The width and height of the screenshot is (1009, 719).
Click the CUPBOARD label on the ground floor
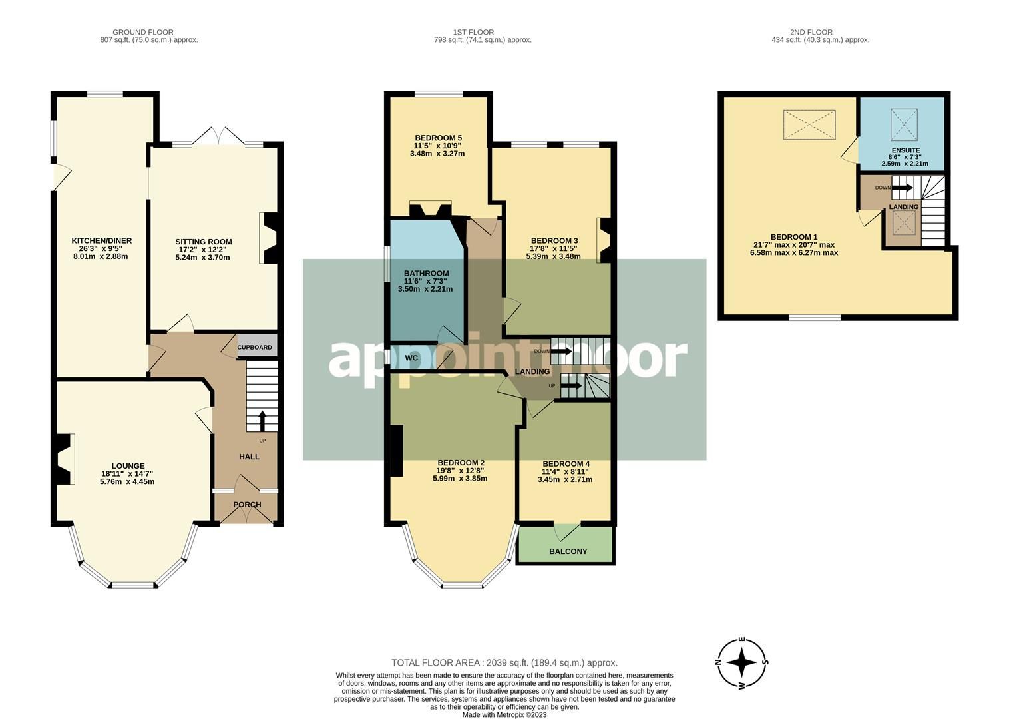[255, 348]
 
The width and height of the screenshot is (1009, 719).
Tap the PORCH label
[247, 505]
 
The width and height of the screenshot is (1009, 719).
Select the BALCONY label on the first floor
[568, 551]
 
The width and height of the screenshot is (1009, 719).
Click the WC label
[411, 358]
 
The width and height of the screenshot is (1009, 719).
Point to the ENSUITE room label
[905, 151]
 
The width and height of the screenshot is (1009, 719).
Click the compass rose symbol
[741, 662]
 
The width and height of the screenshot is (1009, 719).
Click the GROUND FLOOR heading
[143, 32]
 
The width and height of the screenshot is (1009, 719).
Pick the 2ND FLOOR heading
[811, 32]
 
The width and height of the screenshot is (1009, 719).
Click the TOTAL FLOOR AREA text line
[504, 663]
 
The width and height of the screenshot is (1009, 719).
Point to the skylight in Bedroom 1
[809, 124]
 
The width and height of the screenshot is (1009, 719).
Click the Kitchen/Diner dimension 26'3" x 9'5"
[101, 248]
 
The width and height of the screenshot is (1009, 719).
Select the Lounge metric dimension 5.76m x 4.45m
[128, 481]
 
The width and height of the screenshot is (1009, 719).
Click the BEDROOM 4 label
[566, 464]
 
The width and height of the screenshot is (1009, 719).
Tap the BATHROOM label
[426, 273]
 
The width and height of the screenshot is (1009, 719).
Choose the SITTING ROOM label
[203, 242]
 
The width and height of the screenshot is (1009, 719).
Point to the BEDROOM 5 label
[437, 138]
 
